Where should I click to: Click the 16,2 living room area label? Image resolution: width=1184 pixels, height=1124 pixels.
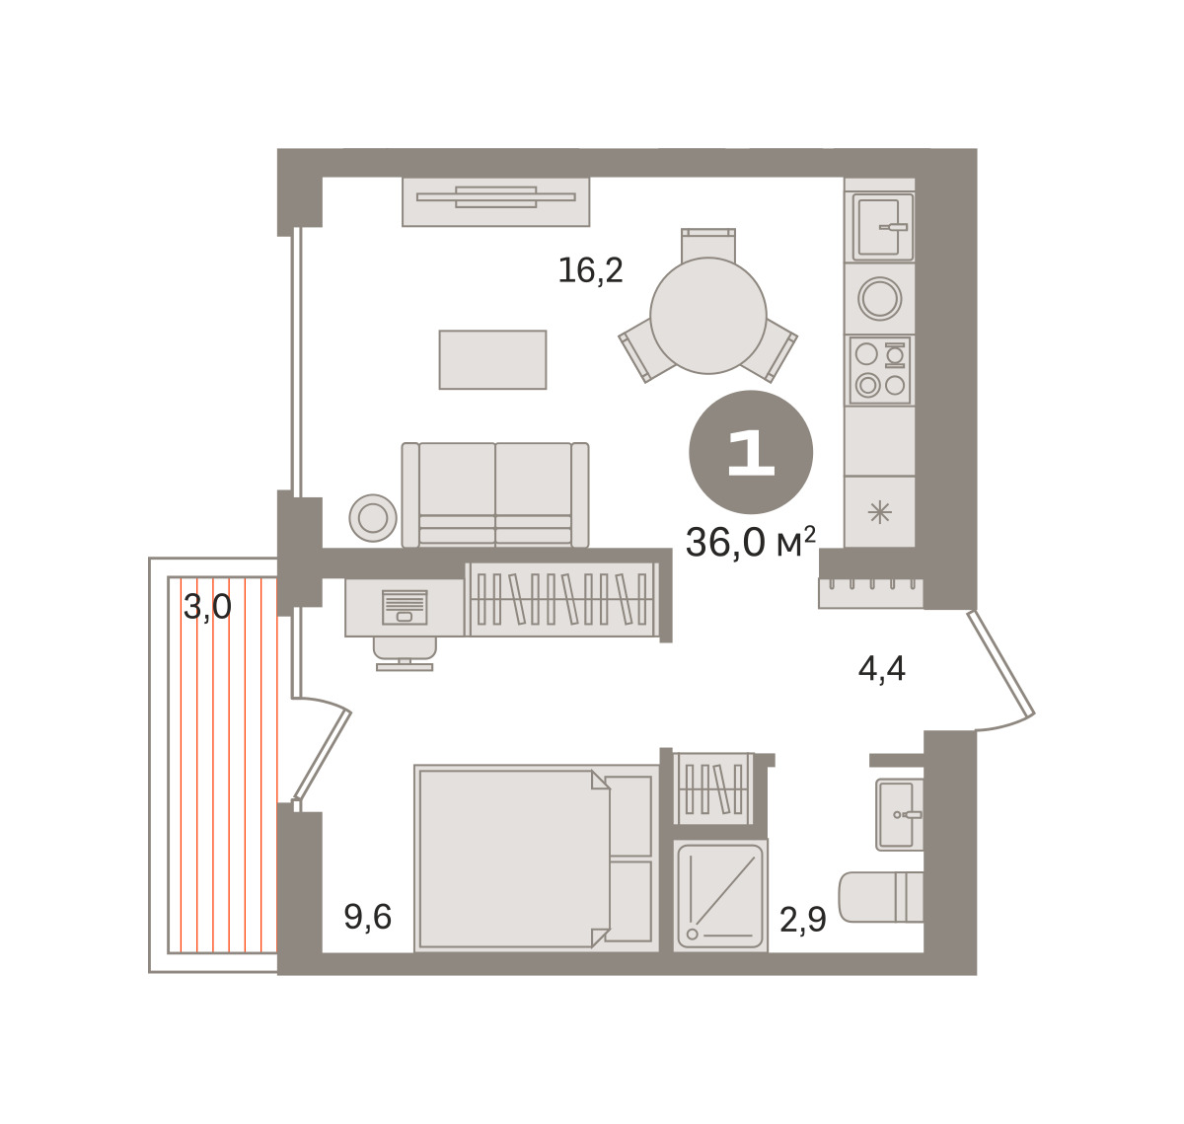coord(590,271)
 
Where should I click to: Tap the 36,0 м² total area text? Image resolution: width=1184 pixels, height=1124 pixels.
coord(751,542)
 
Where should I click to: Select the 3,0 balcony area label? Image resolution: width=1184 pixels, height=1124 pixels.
coord(207,607)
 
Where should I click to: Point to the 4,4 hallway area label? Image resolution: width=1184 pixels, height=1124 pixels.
coord(882,669)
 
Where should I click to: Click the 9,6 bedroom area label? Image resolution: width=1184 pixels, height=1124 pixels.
coord(367,918)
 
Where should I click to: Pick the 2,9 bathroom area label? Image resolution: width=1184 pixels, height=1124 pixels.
coord(803,920)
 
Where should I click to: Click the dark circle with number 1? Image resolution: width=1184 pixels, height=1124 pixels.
coord(751,452)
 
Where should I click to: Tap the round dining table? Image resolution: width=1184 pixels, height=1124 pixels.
coord(708,316)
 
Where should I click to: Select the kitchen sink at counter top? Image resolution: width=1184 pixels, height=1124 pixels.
coord(883,227)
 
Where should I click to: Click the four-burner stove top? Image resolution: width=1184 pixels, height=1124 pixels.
coord(880,370)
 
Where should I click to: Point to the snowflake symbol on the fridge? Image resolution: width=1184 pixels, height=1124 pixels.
coord(880,513)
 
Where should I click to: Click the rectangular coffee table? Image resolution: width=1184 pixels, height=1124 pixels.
coord(492,359)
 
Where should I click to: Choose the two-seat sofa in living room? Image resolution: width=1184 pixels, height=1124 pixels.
coord(495,495)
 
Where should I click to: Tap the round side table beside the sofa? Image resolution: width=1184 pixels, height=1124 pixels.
coord(373,518)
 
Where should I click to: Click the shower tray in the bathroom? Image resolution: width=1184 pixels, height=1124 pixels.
coord(720,896)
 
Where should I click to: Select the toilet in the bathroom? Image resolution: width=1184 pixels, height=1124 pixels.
coord(881,897)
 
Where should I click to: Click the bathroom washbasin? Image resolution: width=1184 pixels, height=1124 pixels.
coord(899,815)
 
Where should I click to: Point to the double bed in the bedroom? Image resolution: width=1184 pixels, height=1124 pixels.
coord(536,859)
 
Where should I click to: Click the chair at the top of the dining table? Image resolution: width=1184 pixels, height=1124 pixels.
coord(708,245)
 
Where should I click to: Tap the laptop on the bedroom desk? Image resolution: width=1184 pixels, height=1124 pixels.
coord(405,607)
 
